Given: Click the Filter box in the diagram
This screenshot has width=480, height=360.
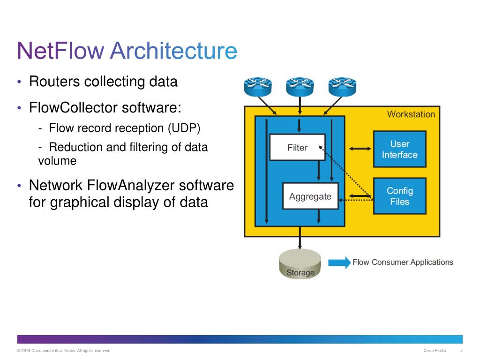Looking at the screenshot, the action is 297,147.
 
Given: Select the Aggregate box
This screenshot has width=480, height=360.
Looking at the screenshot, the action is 310,196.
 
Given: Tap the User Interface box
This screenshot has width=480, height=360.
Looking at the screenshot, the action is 400,149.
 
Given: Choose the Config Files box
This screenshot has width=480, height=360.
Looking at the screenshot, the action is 400,196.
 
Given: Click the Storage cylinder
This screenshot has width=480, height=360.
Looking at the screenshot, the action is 300,263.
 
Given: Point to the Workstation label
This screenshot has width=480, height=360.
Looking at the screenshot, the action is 411,114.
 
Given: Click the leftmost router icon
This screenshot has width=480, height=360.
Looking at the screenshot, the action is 258,87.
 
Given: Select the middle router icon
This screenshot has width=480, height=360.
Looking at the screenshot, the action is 300,87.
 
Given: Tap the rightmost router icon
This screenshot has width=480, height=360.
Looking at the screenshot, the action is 342,87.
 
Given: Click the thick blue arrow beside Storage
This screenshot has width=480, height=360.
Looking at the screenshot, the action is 339,262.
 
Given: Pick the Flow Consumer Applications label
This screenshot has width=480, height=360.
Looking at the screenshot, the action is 403,262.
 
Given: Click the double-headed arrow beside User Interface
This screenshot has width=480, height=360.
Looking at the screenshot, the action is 360,149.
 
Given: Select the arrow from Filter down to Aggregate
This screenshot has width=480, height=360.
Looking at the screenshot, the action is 319,170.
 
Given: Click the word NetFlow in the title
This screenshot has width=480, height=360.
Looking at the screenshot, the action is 60,51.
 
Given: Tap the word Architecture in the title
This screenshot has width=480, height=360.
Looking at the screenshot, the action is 173,51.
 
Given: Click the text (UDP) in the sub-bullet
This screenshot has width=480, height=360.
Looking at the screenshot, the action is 184,128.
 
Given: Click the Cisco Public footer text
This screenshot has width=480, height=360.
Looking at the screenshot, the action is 435,351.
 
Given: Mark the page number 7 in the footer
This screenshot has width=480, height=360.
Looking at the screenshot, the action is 462,350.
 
